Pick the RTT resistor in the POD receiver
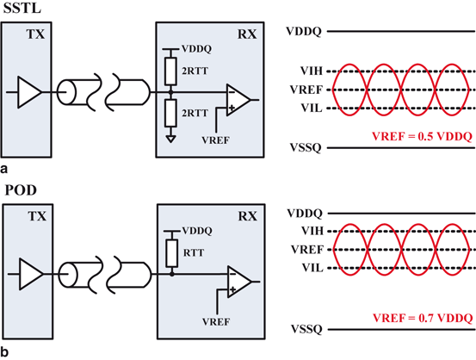point(172,251)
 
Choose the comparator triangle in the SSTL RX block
point(238,99)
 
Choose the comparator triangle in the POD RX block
point(238,281)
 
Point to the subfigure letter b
point(6,351)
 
